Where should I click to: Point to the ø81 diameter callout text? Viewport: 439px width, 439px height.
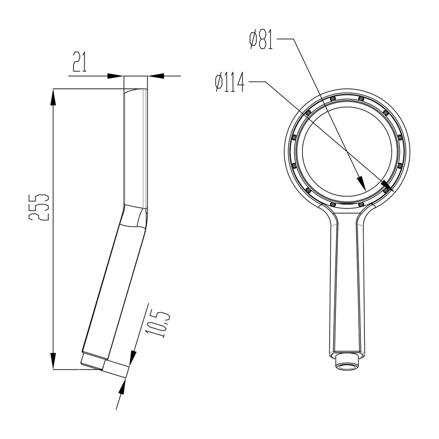click(262, 39)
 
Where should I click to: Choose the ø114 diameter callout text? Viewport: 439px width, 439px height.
click(230, 82)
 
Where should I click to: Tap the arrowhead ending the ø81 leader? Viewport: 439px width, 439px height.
click(361, 184)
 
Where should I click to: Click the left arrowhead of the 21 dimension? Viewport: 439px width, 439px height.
click(115, 76)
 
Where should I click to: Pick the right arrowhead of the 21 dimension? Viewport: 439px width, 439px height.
click(156, 76)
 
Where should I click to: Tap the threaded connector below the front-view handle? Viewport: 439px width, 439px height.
click(346, 363)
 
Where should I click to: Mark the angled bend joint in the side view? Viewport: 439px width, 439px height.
click(133, 217)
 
